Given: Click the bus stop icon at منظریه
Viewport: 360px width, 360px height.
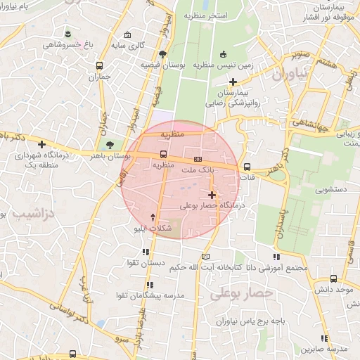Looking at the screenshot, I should (164, 154).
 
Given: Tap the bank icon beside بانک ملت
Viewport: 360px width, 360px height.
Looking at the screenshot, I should (198, 159).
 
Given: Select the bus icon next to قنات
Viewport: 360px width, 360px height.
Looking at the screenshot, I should (247, 167).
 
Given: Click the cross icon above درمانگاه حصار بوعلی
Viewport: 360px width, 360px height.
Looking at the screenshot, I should (212, 194).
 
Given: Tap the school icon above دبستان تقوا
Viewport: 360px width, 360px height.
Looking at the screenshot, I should (146, 252).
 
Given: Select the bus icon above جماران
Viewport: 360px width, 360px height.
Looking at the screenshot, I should (100, 65).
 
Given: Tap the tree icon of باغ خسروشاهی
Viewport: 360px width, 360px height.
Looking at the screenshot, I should (67, 34).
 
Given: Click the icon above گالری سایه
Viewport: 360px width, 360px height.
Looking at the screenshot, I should (127, 34).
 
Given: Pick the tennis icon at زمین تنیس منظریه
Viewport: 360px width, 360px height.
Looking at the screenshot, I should (224, 53).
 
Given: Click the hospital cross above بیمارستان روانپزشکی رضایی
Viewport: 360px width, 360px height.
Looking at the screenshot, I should (233, 82).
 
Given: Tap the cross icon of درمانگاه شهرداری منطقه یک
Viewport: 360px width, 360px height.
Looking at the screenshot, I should (41, 143).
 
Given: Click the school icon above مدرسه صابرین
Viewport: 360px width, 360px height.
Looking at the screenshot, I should (324, 337).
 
